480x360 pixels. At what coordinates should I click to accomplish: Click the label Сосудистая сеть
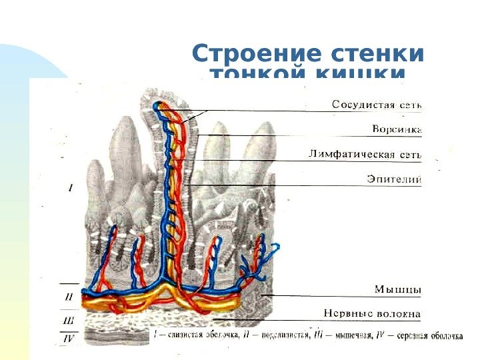tap(377, 104)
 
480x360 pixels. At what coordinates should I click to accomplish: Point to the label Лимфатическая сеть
tap(365, 154)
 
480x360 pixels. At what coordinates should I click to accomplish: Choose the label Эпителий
tap(394, 179)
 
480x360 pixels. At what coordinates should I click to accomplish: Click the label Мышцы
tap(397, 289)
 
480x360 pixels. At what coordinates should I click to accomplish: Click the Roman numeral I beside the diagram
tap(71, 188)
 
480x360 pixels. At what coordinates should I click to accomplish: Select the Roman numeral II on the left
tap(69, 297)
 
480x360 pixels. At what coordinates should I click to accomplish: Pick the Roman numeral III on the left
tap(69, 322)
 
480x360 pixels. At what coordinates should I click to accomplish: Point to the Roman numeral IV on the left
tap(69, 339)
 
